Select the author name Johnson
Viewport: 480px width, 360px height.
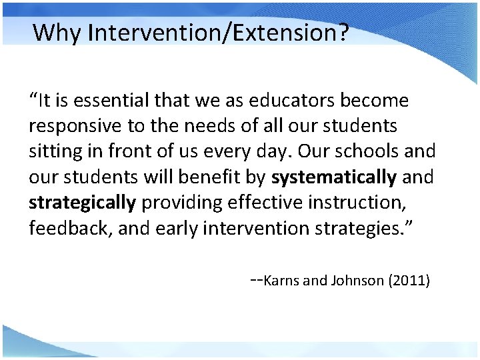(x=353, y=281)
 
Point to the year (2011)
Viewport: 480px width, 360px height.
(x=409, y=281)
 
